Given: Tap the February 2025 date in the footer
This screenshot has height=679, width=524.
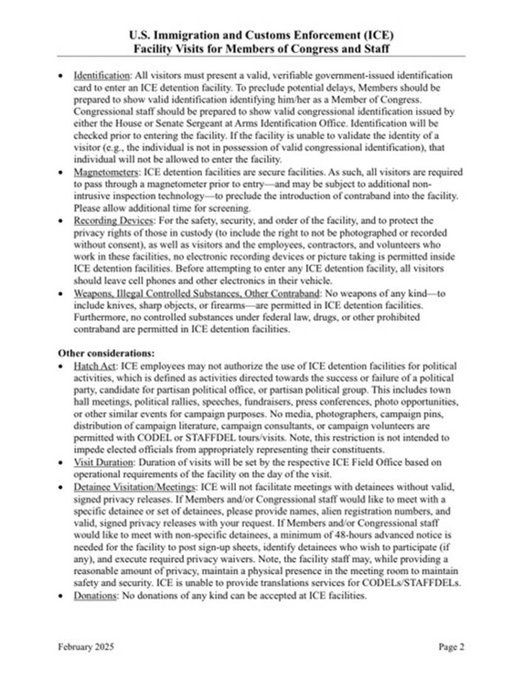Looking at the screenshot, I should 86,646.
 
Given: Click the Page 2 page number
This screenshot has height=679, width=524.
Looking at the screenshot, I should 451,646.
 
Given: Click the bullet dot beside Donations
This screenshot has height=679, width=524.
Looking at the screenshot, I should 60,595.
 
